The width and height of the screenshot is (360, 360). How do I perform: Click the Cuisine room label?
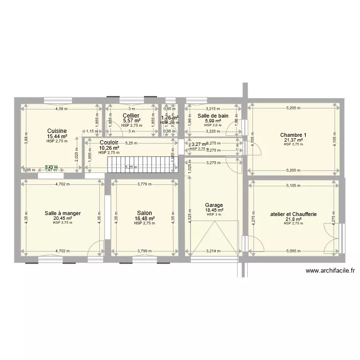[57, 131]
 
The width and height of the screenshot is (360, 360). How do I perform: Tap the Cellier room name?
[131, 116]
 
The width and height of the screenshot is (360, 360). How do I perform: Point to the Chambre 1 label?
[293, 135]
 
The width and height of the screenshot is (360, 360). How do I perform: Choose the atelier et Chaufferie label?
[293, 214]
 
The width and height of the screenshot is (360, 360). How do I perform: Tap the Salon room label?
[144, 213]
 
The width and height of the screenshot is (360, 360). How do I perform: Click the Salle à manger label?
[62, 213]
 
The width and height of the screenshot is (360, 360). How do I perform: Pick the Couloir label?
[109, 143]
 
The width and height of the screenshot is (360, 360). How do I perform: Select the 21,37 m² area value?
[293, 140]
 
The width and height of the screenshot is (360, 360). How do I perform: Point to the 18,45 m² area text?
[215, 210]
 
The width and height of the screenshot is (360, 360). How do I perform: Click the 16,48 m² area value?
[144, 218]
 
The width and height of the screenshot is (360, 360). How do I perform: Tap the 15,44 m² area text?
[57, 136]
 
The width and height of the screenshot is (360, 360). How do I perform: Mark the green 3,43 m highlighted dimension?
[51, 167]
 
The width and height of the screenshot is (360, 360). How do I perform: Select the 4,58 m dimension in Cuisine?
[61, 108]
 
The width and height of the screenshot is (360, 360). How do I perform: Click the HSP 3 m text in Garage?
[214, 215]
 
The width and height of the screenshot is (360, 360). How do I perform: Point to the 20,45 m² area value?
[62, 218]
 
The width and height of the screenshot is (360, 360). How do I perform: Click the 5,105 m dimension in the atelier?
[293, 186]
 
